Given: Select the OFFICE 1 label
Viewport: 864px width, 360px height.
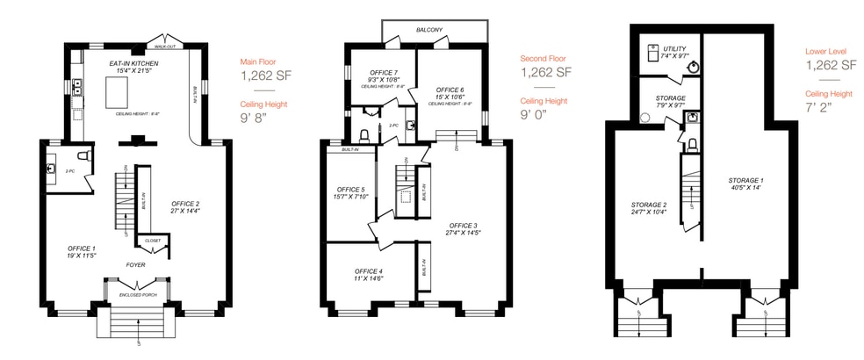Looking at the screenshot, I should tap(81, 249).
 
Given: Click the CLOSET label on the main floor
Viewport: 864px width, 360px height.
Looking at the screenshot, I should tap(154, 240).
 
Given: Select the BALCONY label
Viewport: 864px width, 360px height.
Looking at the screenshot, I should tap(428, 30).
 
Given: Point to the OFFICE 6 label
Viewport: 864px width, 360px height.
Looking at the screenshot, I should tap(450, 90).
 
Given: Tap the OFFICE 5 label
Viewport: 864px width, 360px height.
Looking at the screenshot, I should tap(350, 189).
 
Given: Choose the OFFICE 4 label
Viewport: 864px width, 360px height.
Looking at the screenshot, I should tap(370, 270).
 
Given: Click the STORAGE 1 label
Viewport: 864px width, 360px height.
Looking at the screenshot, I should tap(746, 180).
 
